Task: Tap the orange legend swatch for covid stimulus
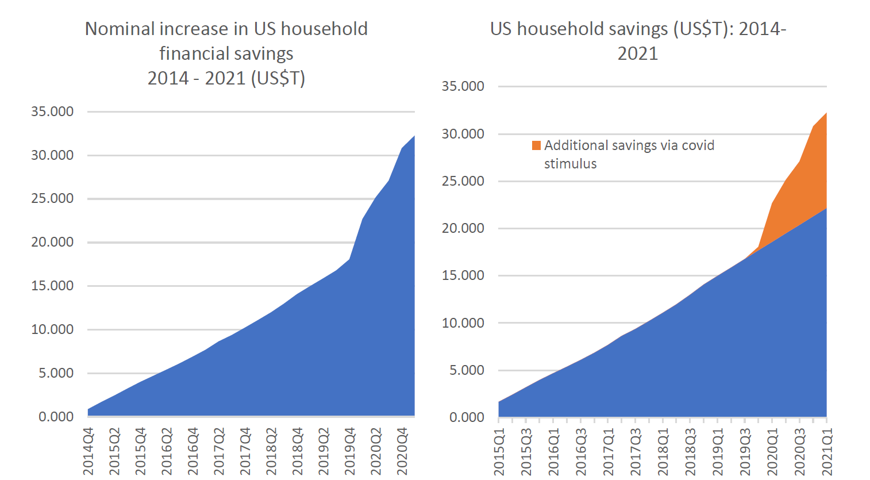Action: click(536, 145)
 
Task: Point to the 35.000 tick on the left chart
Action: click(52, 112)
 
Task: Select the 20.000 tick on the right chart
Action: click(463, 228)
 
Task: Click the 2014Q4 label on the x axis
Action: click(88, 451)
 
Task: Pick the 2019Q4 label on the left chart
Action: click(350, 451)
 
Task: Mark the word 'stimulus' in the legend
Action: click(570, 164)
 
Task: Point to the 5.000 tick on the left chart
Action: click(56, 373)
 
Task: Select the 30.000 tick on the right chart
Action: click(463, 134)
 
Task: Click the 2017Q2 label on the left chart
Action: click(220, 451)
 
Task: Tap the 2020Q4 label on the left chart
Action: click(402, 451)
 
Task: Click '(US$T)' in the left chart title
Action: click(278, 78)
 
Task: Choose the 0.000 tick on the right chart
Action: click(466, 417)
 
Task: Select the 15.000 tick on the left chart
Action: click(52, 286)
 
